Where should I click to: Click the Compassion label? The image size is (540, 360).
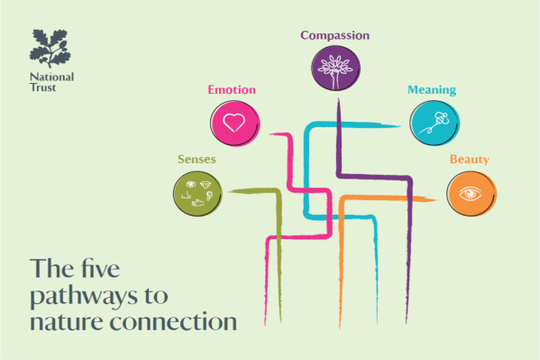click(x=334, y=35)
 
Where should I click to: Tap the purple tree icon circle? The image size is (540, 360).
click(x=335, y=68)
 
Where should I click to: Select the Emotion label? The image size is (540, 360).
click(x=232, y=89)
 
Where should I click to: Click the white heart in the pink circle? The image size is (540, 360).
click(x=233, y=123)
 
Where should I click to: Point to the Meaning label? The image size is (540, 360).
click(x=432, y=90)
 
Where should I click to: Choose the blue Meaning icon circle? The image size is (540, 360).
click(x=435, y=123)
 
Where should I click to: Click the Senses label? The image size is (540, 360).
click(x=197, y=160)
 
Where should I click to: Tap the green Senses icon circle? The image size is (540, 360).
click(x=197, y=194)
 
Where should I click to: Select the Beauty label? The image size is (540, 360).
click(x=470, y=160)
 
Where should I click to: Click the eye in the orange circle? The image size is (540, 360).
click(x=471, y=193)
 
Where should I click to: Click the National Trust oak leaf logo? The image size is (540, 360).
click(x=50, y=49)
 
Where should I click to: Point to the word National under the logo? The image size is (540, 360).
click(x=51, y=77)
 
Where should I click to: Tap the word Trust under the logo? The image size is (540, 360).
click(x=42, y=88)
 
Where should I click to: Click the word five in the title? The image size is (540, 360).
click(x=101, y=268)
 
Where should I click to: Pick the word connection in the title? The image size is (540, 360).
click(x=173, y=321)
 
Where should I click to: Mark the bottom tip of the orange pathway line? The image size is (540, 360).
click(x=340, y=328)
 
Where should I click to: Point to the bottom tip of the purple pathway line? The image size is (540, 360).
click(x=407, y=323)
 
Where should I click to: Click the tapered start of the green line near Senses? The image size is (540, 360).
click(x=228, y=191)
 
